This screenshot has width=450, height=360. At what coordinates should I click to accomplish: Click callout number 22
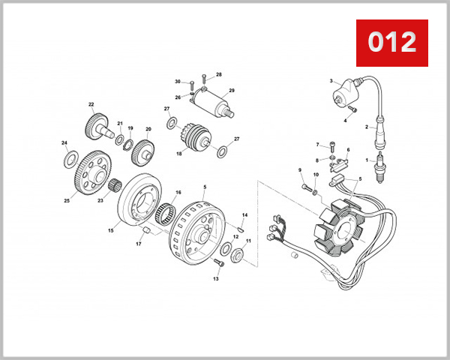(x=91, y=104)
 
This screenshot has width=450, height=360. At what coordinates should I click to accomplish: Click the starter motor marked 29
(x=214, y=101)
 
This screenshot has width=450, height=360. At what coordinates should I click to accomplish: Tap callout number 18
(x=179, y=154)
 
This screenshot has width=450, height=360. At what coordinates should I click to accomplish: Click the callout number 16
(x=178, y=193)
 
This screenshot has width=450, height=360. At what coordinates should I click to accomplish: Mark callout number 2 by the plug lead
(x=367, y=127)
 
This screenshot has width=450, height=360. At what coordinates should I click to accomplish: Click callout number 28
(x=219, y=75)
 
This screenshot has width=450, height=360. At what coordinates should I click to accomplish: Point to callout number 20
(x=148, y=129)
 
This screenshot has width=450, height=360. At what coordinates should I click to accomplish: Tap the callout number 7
(x=317, y=144)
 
